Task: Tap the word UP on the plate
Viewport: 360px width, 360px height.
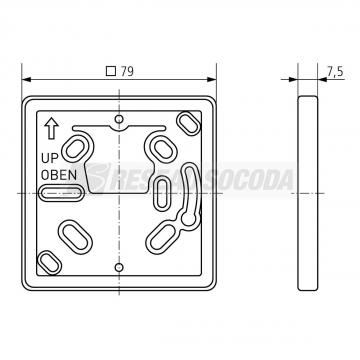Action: [49, 157]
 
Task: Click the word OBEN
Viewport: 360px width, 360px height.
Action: [56, 174]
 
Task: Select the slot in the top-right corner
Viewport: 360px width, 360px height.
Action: [187, 122]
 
